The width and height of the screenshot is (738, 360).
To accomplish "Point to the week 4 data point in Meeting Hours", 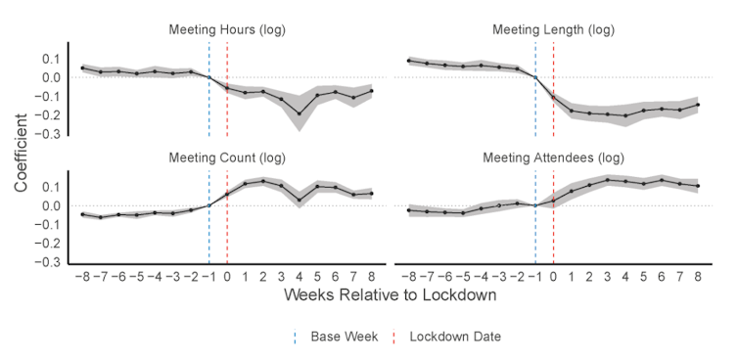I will pos(300,113).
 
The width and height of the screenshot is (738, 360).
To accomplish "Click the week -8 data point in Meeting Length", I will pos(409,61).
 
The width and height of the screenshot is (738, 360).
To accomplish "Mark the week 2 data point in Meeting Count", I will pos(263,181).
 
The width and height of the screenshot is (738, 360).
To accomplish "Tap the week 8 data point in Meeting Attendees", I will pos(698,186).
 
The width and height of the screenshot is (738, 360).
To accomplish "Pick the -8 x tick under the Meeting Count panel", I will pos(81,277).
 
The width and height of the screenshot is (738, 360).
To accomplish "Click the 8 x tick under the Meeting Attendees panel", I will pos(698,277).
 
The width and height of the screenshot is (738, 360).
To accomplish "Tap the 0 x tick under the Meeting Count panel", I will pos(227,277).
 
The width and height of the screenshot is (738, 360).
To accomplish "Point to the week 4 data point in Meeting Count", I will pos(300,200).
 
